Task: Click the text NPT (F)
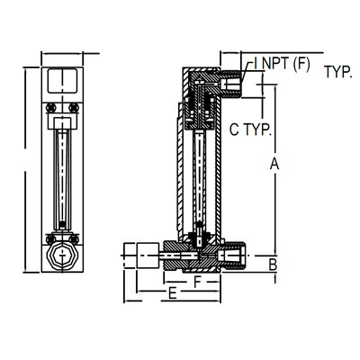[284, 63]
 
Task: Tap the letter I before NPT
[257, 63]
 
